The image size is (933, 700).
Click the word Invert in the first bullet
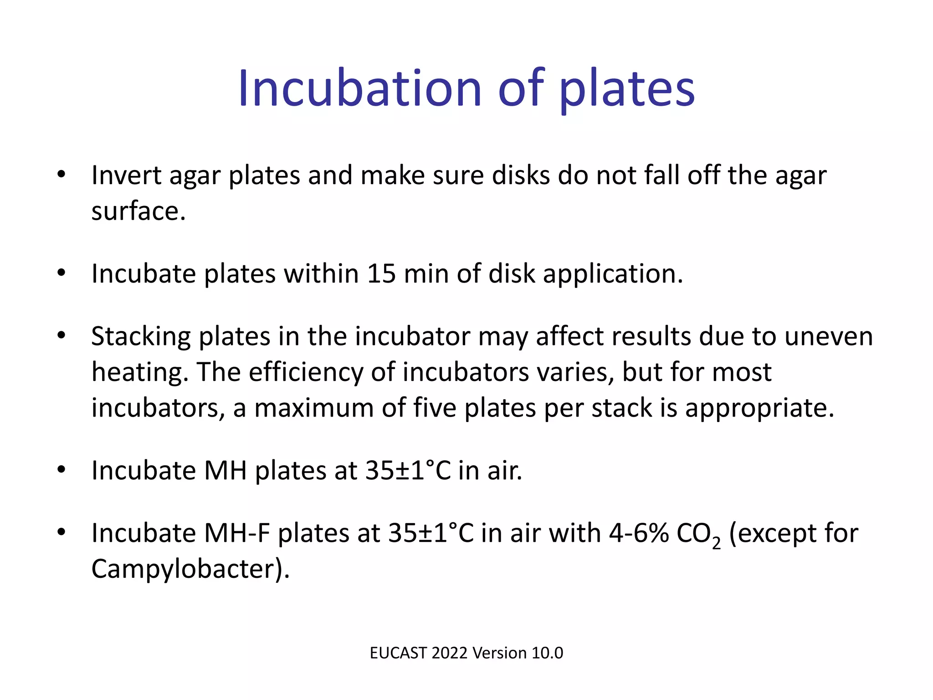[126, 175]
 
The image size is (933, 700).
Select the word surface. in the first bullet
[138, 211]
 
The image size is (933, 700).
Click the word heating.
[140, 373]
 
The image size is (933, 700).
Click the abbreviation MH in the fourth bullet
[225, 471]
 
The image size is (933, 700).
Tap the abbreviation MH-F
[237, 533]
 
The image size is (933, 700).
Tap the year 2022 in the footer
[450, 653]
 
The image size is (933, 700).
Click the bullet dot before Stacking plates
[62, 336]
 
